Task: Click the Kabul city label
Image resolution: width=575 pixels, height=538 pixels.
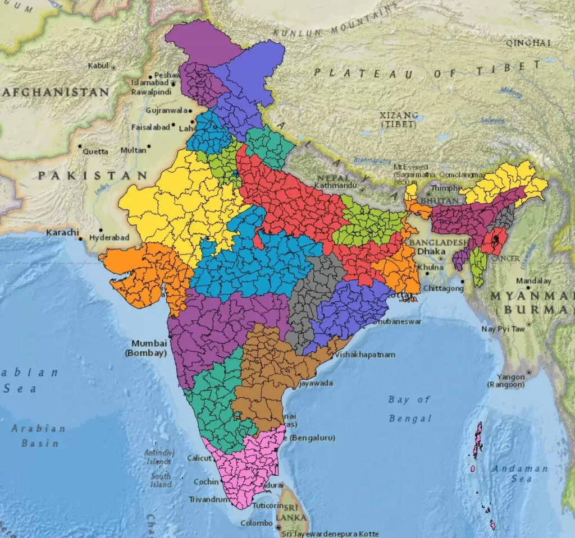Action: [98, 66]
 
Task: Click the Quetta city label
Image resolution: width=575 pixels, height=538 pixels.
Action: [95, 151]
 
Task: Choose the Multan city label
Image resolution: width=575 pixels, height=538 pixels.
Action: [133, 150]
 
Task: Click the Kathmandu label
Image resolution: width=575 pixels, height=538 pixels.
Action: [336, 185]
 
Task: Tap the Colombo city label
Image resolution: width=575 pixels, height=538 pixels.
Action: [257, 523]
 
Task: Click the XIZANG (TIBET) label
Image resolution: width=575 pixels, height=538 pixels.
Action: [399, 119]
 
